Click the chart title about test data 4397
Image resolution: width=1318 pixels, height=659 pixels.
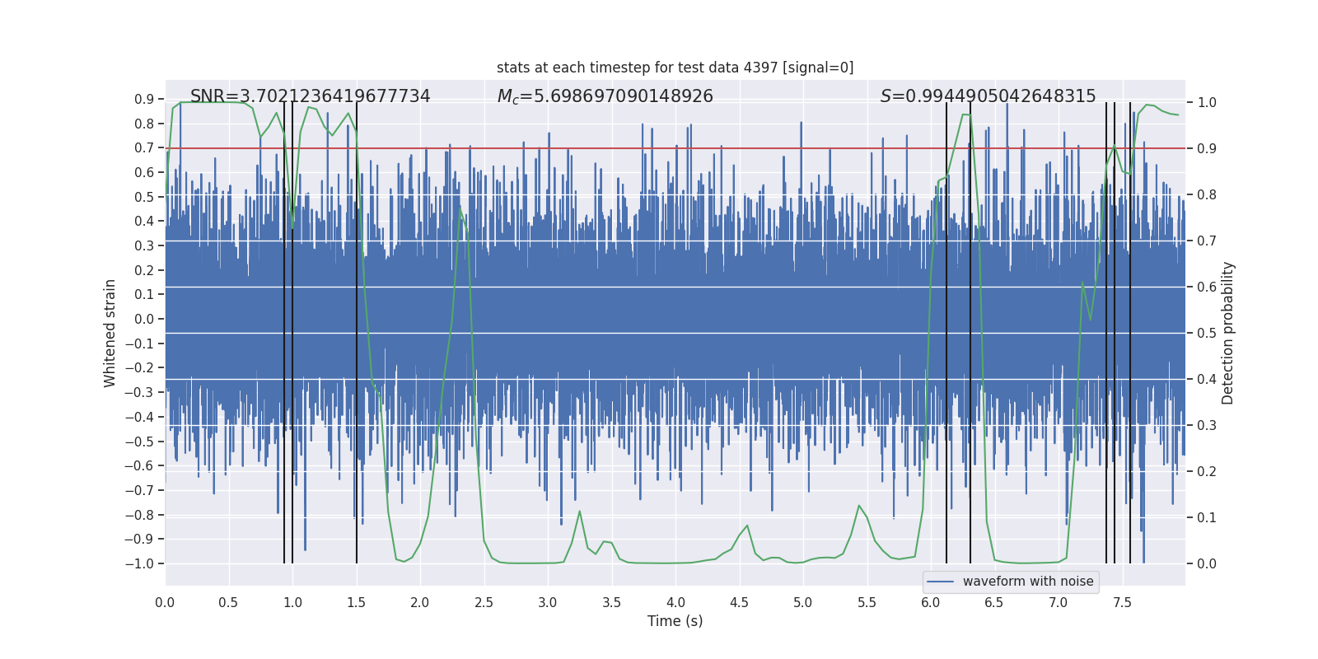click(675, 68)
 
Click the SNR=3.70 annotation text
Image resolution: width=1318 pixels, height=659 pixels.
click(310, 96)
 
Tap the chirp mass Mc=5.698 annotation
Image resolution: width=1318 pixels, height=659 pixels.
click(605, 96)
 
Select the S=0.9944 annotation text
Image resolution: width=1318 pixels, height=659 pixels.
click(988, 96)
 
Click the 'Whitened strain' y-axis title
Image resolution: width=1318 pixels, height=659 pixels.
click(110, 333)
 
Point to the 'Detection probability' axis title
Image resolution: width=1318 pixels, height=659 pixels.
click(1228, 333)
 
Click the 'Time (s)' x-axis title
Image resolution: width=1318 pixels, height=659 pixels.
click(675, 621)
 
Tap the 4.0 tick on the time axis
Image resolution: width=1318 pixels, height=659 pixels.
click(675, 602)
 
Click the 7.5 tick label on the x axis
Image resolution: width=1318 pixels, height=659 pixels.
click(1122, 602)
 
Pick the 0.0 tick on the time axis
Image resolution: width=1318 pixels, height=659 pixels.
click(165, 602)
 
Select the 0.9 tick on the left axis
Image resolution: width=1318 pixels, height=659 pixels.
click(144, 100)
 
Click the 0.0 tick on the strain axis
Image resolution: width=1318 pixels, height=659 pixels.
click(144, 319)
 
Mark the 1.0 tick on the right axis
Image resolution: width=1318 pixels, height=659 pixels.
click(1207, 103)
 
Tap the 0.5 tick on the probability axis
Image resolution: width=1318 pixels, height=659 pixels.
click(1207, 334)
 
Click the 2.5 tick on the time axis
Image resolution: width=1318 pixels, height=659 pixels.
click(484, 602)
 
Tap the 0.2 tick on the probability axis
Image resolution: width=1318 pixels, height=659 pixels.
click(1207, 472)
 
